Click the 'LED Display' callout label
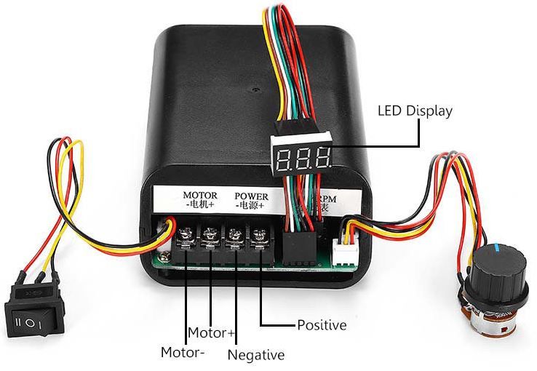[415, 111]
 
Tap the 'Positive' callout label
[322, 324]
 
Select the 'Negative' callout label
[255, 355]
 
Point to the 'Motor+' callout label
[211, 333]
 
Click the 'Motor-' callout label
[183, 353]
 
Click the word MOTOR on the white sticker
[200, 196]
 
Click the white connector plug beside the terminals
[341, 252]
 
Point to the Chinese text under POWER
[250, 207]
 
